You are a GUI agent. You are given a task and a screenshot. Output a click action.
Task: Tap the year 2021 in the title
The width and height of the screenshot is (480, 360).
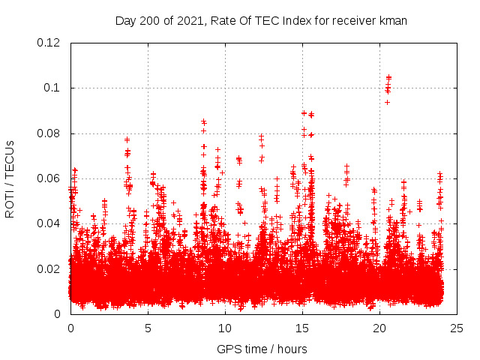pyautogui.click(x=190, y=21)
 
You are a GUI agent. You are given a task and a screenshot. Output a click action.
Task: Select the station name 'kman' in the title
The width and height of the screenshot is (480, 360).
pyautogui.click(x=393, y=21)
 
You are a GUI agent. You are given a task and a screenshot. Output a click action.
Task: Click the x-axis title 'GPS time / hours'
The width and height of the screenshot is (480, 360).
pyautogui.click(x=262, y=349)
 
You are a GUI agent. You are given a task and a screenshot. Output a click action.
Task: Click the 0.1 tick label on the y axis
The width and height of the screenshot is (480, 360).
pyautogui.click(x=54, y=88)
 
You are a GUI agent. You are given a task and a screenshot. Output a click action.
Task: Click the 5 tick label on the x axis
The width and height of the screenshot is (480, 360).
pyautogui.click(x=148, y=328)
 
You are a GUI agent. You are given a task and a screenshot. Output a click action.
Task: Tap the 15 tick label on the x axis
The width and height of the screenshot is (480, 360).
pyautogui.click(x=302, y=328)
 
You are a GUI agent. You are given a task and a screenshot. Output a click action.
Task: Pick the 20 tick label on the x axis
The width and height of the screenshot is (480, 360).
pyautogui.click(x=379, y=328)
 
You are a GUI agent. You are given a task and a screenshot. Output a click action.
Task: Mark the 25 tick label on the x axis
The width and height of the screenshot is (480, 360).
pyautogui.click(x=457, y=328)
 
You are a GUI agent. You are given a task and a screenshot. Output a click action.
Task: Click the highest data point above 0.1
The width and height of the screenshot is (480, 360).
pyautogui.click(x=388, y=76)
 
